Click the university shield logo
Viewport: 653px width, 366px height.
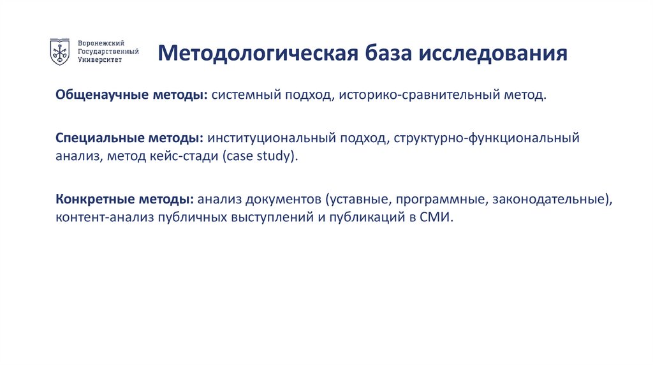60,52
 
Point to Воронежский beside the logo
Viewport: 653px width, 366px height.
101,42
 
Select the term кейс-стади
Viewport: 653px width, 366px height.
191,156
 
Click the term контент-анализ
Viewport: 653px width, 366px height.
99,217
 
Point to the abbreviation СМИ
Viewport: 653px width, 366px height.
436,217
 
